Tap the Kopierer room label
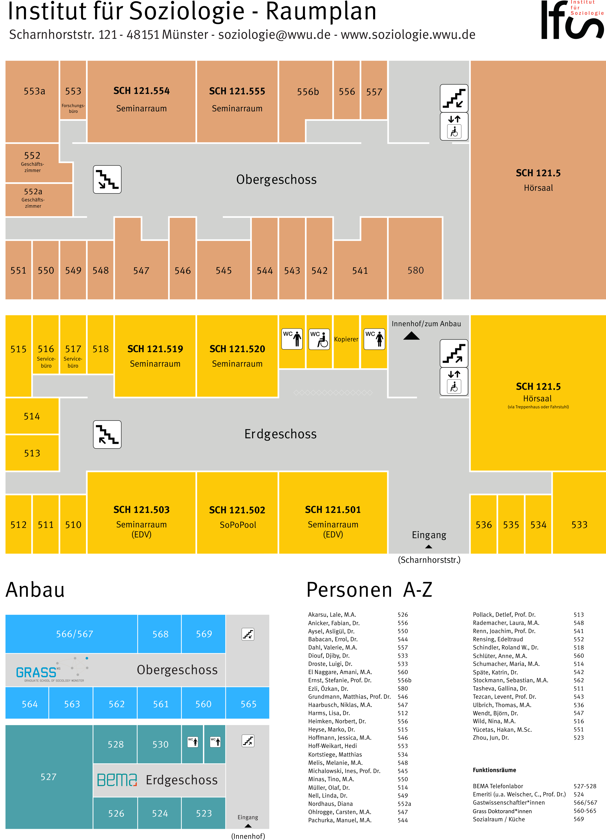[346, 339]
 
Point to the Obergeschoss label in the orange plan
[276, 180]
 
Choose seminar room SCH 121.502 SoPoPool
[237, 517]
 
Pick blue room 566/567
[75, 634]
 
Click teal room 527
[49, 777]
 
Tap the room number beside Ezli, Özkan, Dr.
[402, 688]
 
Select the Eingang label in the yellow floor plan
[429, 535]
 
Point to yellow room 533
[579, 525]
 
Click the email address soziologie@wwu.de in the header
[274, 35]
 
